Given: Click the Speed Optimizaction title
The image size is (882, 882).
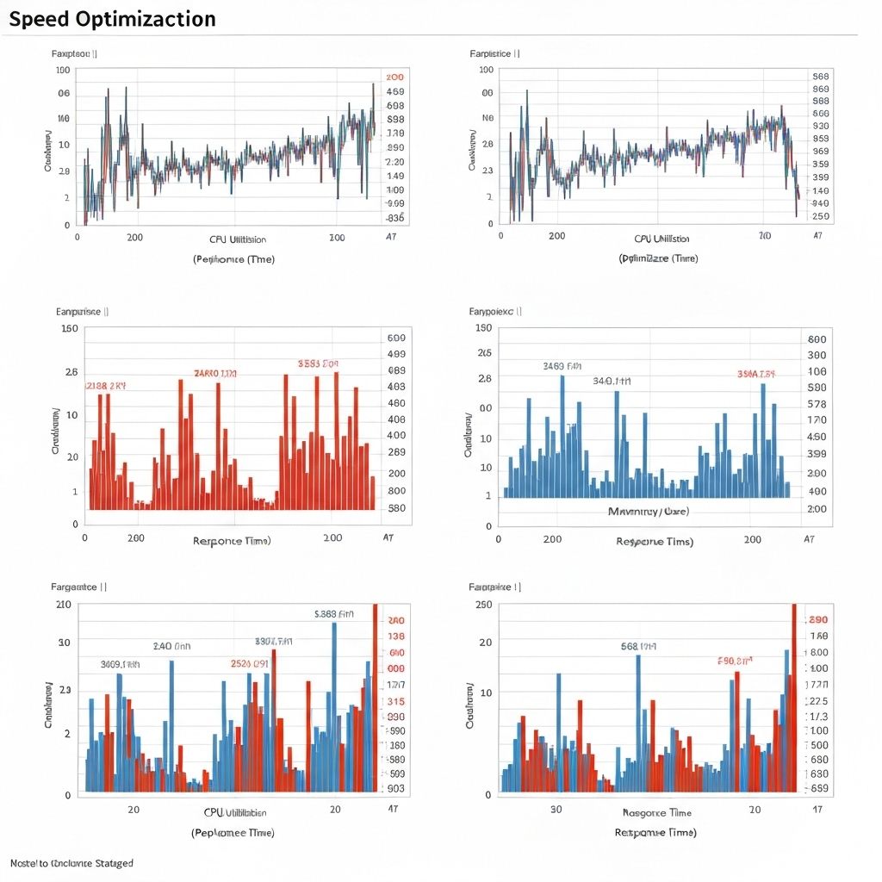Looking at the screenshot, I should point(112,19).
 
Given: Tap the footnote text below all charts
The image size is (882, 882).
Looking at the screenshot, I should point(71,862).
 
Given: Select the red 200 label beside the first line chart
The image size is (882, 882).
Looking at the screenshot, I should point(395,77).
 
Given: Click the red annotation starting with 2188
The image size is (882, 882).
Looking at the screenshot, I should point(106,387).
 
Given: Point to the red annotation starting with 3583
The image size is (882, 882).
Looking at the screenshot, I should point(319,363).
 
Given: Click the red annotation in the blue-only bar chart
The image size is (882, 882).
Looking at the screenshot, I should point(755,374).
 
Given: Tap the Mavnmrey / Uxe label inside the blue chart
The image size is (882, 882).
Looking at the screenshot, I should point(649,511).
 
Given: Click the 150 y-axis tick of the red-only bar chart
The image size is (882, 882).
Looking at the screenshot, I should point(70,328).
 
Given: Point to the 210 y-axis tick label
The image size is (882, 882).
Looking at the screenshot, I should point(63,604).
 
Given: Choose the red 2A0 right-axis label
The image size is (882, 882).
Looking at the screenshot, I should point(396,620).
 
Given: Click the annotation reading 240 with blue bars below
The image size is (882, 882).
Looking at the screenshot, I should point(171,646).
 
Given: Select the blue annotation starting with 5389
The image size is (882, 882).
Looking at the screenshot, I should point(334,614).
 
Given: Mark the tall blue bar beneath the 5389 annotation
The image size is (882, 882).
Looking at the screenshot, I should point(334,706).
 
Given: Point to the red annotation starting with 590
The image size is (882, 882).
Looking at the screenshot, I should point(735,661).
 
